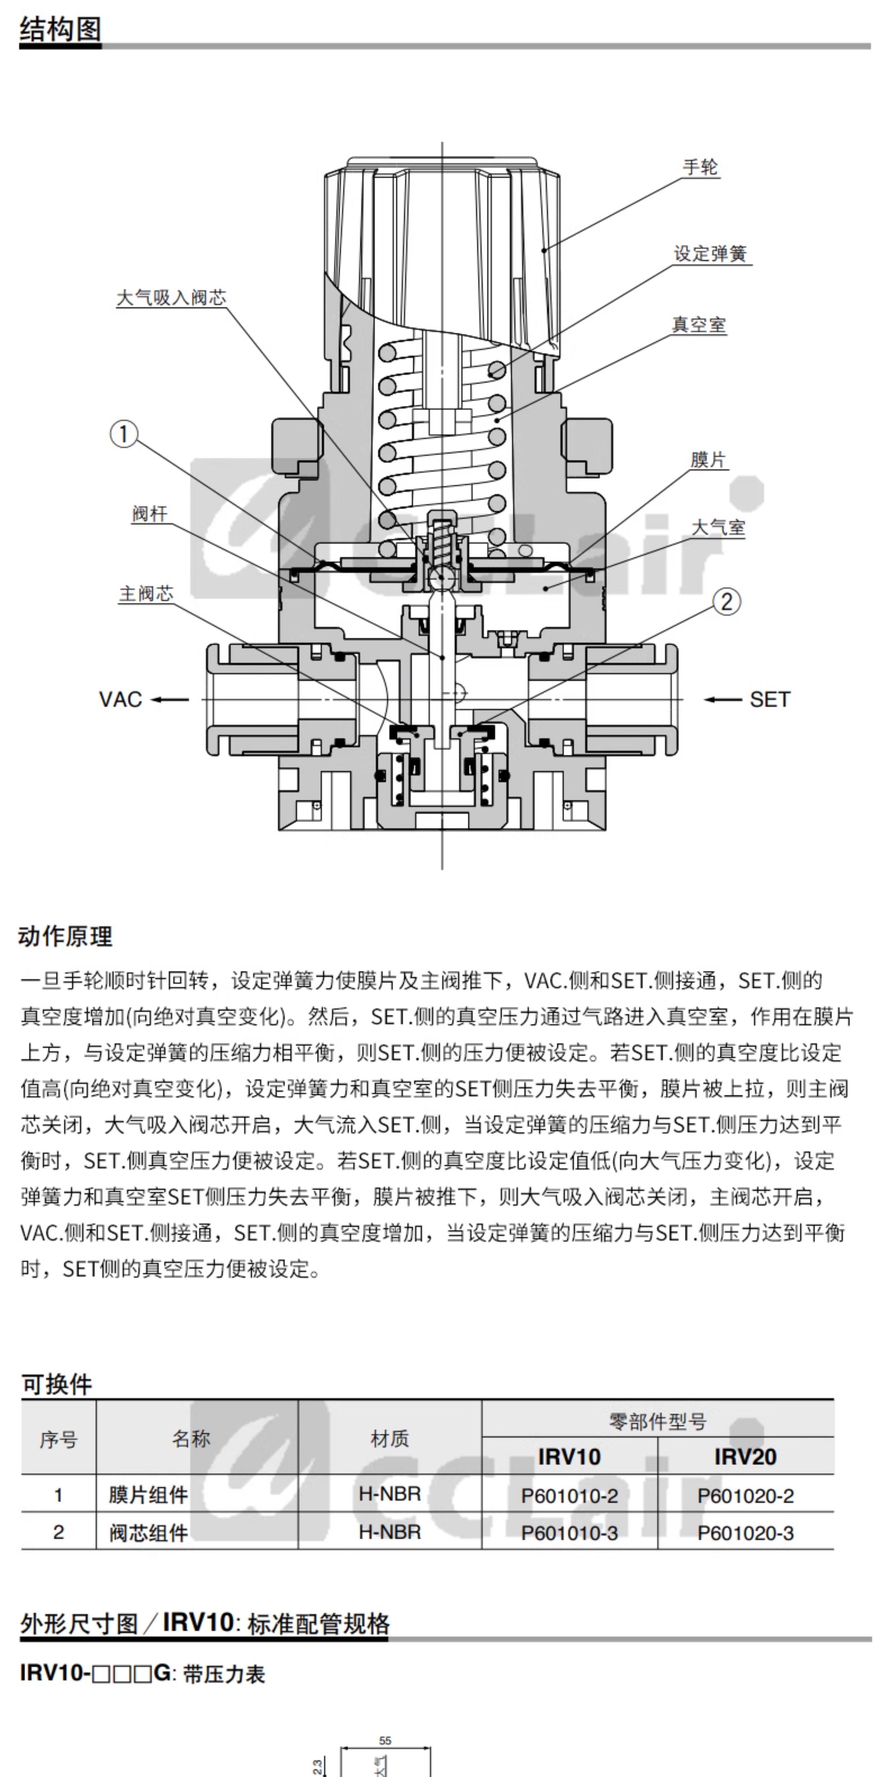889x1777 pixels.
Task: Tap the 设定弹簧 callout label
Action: pyautogui.click(x=710, y=254)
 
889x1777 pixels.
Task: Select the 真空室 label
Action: pyautogui.click(x=699, y=325)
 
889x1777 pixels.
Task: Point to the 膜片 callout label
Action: pyautogui.click(x=708, y=460)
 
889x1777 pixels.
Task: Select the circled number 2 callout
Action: pyautogui.click(x=726, y=602)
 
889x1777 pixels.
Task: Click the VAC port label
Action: pyautogui.click(x=120, y=699)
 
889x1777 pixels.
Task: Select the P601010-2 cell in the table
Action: pyautogui.click(x=570, y=1495)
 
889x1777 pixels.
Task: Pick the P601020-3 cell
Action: pyautogui.click(x=746, y=1533)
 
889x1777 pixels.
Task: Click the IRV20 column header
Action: pyautogui.click(x=746, y=1456)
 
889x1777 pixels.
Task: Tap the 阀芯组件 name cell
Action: pyautogui.click(x=148, y=1533)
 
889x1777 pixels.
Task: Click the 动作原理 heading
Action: pyautogui.click(x=66, y=936)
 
